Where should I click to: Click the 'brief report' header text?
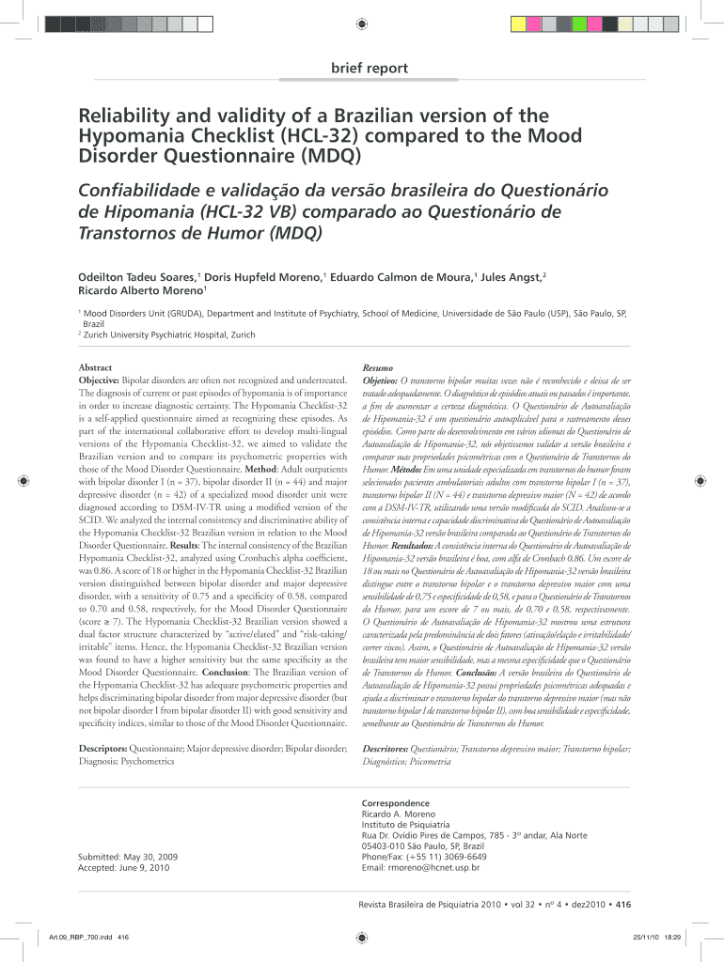[369, 68]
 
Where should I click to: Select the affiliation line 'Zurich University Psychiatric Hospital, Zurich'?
[169, 334]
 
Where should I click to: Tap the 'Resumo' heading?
[378, 366]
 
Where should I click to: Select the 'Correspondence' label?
[395, 803]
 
